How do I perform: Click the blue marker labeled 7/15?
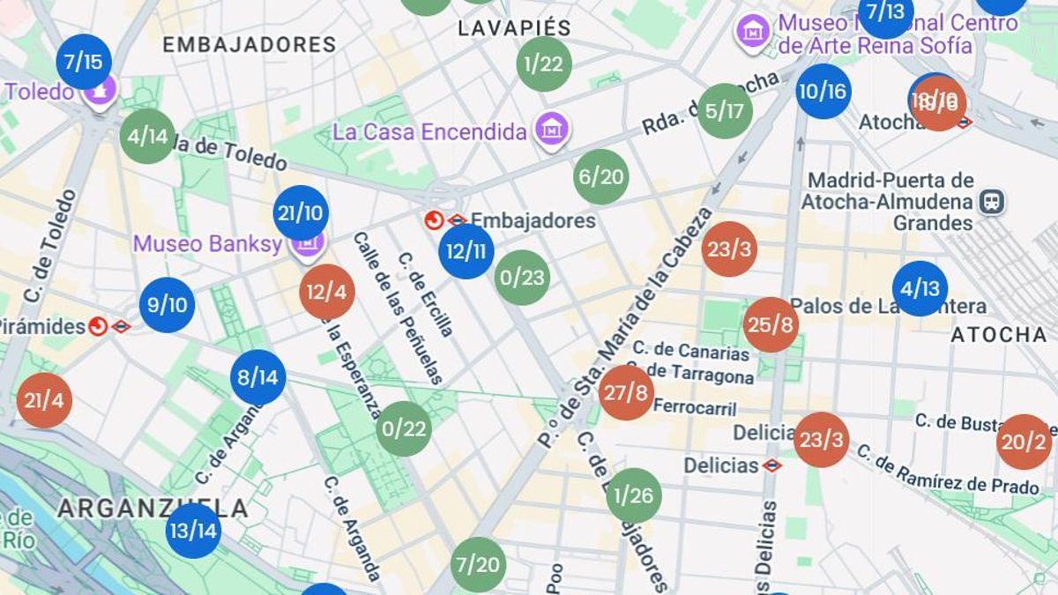84,62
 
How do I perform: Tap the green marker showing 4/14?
147,137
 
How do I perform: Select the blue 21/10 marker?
301,212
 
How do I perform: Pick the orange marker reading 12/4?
327,292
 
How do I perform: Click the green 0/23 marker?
522,278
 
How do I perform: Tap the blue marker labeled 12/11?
466,251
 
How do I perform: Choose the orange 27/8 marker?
626,393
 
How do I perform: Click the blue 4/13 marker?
920,289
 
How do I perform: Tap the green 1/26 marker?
634,495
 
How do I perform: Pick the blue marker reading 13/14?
193,531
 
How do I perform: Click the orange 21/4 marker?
44,400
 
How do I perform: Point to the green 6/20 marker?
600,177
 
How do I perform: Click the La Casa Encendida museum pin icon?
552,131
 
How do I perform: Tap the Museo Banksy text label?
207,243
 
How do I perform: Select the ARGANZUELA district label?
153,509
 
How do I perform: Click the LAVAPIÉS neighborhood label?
514,28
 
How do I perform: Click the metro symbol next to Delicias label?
772,465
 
